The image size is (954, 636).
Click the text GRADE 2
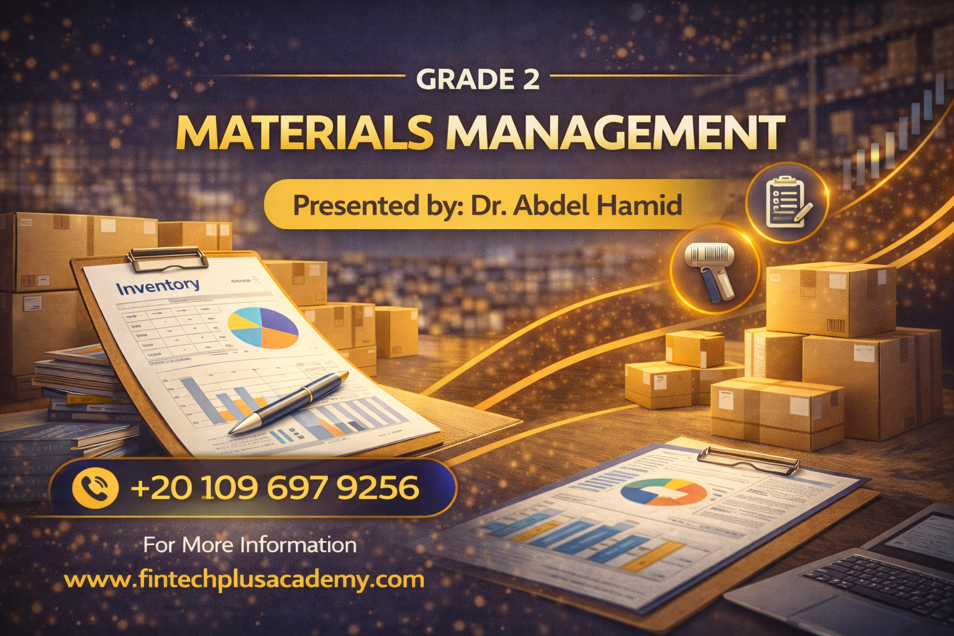[x=477, y=79]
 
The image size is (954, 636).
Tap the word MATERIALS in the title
[x=304, y=132]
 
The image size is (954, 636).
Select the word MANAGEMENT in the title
[x=615, y=132]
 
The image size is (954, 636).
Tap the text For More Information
[x=250, y=545]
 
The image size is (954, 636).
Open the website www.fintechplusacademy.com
[x=244, y=580]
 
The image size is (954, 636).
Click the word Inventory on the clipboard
[x=158, y=286]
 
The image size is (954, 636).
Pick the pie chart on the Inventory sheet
[x=263, y=327]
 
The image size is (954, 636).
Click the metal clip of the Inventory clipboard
[x=168, y=258]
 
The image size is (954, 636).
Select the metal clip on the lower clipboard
[x=748, y=460]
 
